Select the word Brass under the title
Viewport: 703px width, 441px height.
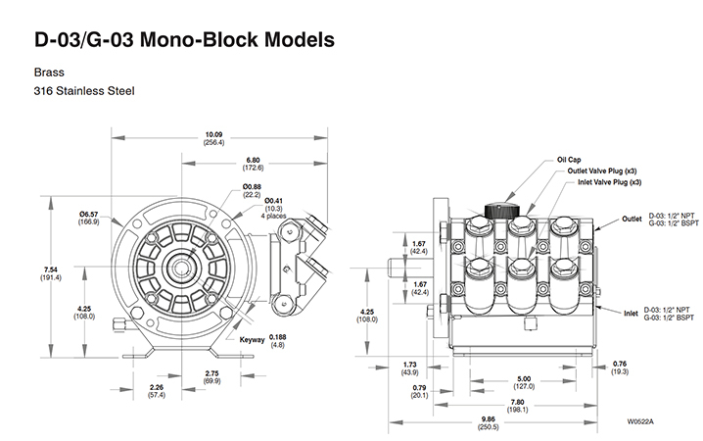tap(48, 72)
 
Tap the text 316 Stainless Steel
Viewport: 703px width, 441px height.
tap(83, 91)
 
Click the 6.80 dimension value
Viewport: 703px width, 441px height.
tap(253, 158)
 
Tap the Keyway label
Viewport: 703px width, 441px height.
tap(254, 339)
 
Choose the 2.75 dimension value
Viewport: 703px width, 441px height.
tap(212, 372)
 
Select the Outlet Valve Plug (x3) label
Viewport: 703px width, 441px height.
tap(605, 171)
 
